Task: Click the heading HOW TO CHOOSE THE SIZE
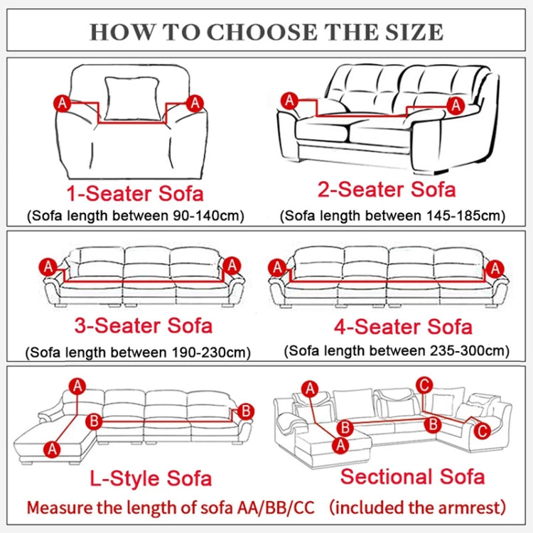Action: coord(266,31)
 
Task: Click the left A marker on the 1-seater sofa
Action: coord(63,104)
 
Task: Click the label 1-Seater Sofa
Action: coord(135,193)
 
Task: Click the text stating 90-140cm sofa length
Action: coord(135,215)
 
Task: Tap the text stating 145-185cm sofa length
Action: coord(392,215)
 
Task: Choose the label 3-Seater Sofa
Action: coord(143,325)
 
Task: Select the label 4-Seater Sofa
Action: coord(403,326)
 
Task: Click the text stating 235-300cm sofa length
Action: coord(397,350)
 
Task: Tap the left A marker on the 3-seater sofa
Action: coord(48,267)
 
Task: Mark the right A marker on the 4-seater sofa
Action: coord(496,268)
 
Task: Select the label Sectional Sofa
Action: coord(412,477)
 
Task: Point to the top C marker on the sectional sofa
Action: coord(424,385)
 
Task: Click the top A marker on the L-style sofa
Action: coord(77,386)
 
